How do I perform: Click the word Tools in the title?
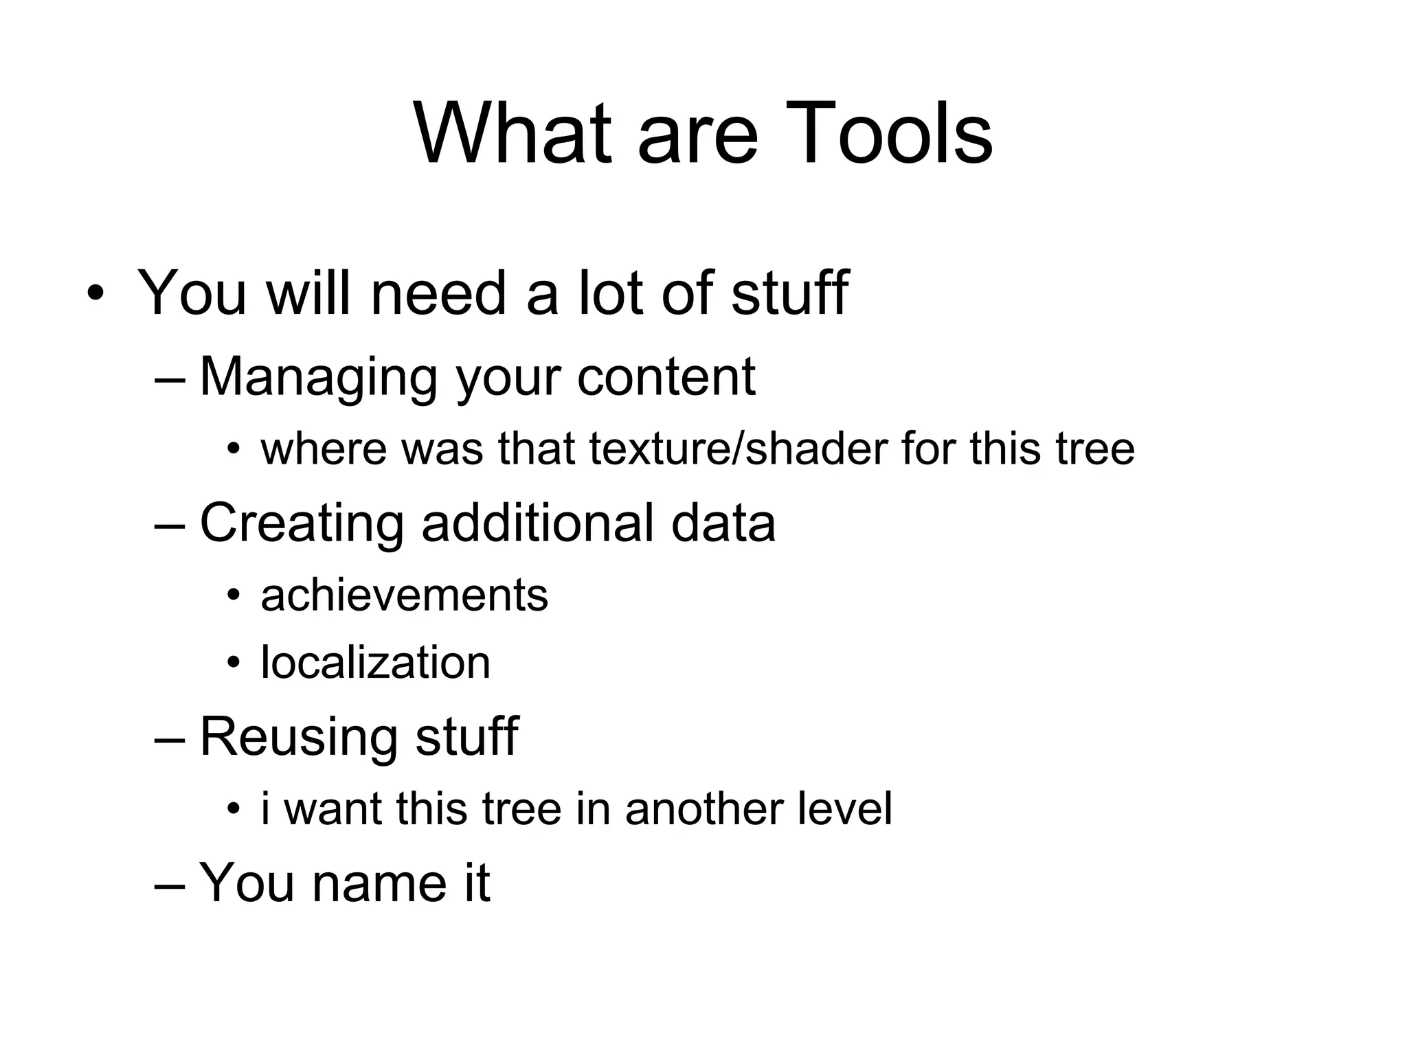tap(888, 133)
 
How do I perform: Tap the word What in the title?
tap(513, 133)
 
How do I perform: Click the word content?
tap(666, 377)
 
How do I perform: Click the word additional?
tap(537, 523)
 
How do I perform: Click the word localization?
tap(375, 663)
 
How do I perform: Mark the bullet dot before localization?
tap(234, 663)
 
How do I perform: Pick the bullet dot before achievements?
tap(234, 595)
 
